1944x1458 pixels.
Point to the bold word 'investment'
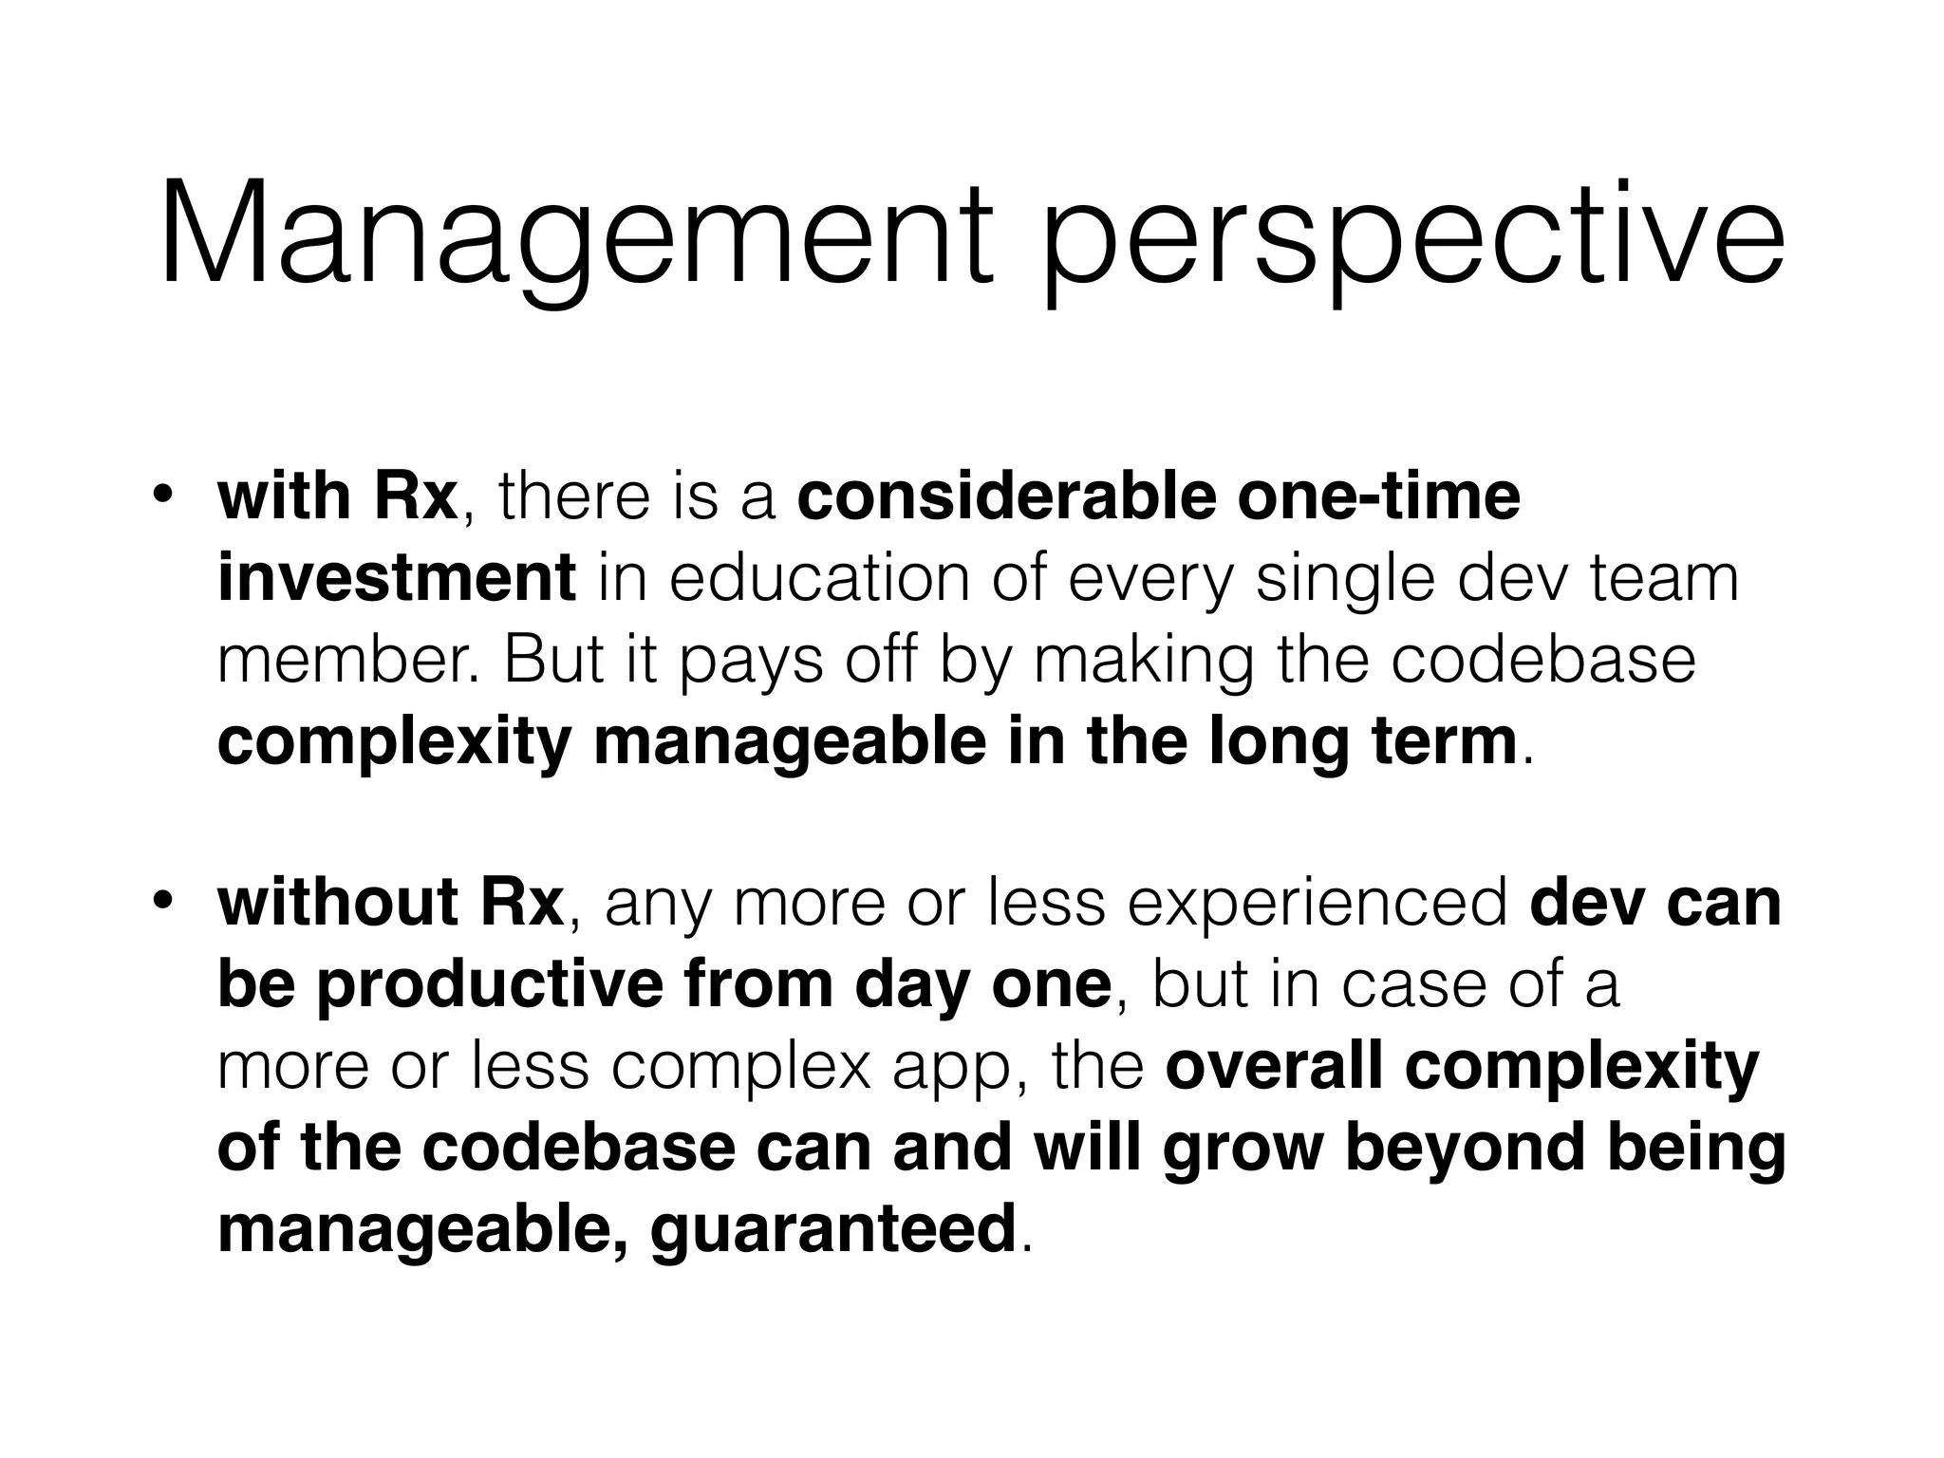tap(396, 578)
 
